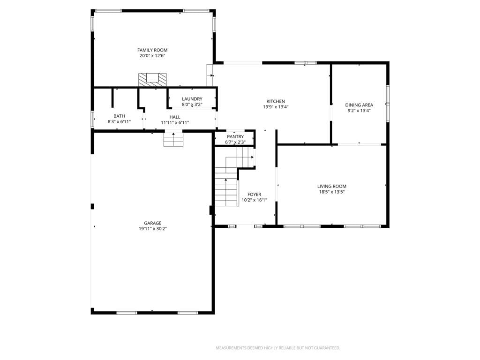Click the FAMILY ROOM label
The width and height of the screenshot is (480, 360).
152,50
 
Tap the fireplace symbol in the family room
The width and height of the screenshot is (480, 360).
152,80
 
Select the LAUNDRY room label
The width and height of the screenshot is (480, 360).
192,99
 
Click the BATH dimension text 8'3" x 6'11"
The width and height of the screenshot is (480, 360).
119,121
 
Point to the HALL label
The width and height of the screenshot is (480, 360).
175,117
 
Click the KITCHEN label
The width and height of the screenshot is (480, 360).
276,101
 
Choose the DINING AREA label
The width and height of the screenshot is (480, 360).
359,105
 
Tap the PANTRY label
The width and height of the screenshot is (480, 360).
235,136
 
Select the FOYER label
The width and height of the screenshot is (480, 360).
255,195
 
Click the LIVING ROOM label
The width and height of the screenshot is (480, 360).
332,186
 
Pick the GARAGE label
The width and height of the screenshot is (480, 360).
152,223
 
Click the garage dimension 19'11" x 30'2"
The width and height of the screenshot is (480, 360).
152,229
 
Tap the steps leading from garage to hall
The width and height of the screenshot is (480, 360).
173,139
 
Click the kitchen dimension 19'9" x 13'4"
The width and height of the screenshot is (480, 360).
276,107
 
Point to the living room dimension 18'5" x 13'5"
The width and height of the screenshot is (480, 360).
332,192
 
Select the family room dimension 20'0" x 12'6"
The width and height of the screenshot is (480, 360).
152,56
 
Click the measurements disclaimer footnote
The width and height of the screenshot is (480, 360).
278,348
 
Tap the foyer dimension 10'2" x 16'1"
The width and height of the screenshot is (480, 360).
255,200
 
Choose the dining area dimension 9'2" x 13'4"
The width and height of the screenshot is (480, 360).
359,111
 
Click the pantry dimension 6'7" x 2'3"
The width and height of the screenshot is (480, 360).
235,142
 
